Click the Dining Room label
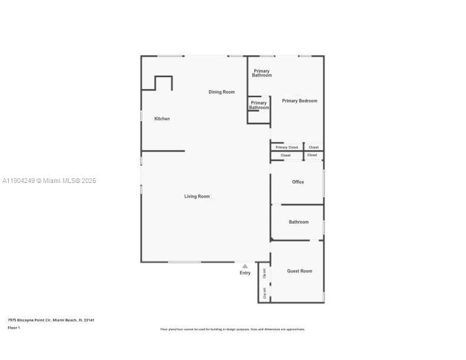coord(221,92)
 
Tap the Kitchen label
coord(162,119)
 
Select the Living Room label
coord(197,196)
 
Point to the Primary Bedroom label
coord(299,101)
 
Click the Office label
coord(298,182)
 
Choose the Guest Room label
coord(299,271)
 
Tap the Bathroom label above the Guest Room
coord(298,222)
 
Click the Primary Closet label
coord(287,147)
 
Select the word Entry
coord(245,273)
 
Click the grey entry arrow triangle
coord(245,266)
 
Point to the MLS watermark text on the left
coord(48,181)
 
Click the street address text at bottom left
coord(51,320)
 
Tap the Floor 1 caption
coord(14,328)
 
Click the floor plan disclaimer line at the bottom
coord(232,329)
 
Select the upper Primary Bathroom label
coord(262,74)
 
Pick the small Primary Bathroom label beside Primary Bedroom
coord(259,105)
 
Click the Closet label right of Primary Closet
coord(314,147)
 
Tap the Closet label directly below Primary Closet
coord(285,155)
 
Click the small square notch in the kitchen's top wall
coord(163,77)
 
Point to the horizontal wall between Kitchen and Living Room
coord(163,151)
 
